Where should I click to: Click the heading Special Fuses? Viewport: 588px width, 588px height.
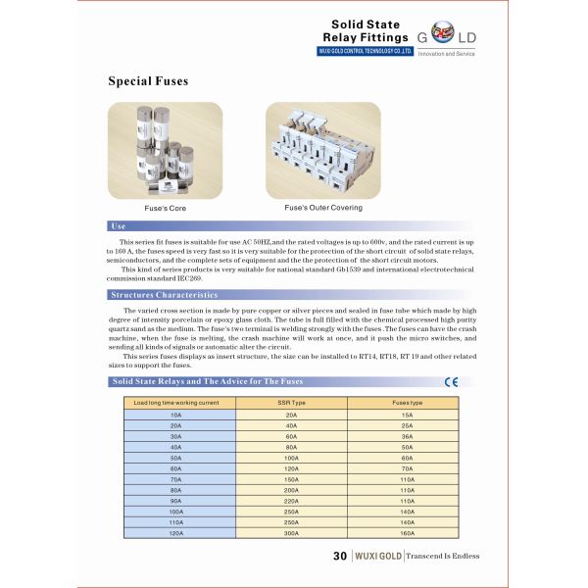(147, 81)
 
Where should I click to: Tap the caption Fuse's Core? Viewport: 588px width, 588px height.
(165, 209)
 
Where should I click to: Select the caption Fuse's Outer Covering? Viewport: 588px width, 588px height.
(323, 208)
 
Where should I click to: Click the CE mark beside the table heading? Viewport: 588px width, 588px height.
(452, 382)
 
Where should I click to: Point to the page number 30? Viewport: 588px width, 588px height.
(340, 556)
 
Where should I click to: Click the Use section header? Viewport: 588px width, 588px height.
(119, 226)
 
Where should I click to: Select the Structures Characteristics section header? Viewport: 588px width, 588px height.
(164, 294)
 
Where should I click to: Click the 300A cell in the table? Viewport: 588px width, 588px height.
(291, 533)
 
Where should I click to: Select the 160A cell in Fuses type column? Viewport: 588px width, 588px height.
(408, 533)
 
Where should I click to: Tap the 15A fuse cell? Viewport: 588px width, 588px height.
(408, 415)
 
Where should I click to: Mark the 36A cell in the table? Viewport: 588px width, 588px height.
(408, 436)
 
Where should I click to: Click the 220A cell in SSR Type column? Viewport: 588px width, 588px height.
(291, 501)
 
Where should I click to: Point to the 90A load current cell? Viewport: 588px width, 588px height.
(176, 501)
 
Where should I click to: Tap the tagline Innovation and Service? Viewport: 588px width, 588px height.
(446, 54)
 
